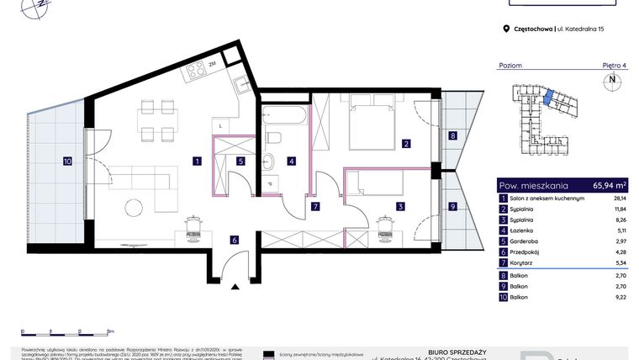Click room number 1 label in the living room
point(195,160)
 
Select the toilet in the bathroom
point(273,138)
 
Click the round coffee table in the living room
point(135,207)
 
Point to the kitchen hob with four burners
point(198,68)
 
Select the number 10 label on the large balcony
point(67,160)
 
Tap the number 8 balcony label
point(452,135)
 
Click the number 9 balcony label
point(452,206)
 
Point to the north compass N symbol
point(612,82)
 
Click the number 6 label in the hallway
point(235,240)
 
